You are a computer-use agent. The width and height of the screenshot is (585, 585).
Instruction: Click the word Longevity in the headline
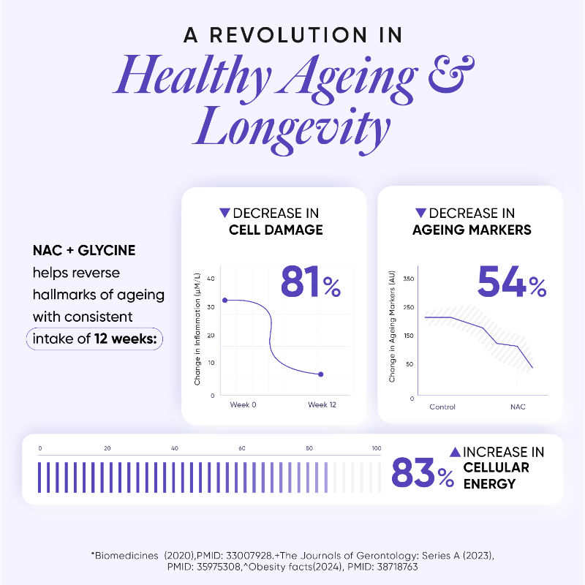[x=292, y=129]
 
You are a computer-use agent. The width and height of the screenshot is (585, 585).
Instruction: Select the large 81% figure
[x=310, y=282]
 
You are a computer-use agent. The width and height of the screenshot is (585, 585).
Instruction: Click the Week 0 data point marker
[x=224, y=300]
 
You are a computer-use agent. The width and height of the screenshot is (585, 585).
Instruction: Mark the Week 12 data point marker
[x=320, y=374]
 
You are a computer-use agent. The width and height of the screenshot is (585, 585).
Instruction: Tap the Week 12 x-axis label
[x=322, y=404]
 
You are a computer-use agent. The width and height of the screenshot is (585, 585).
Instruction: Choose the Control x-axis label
[x=442, y=407]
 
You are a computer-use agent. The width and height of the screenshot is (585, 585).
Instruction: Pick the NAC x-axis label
[x=518, y=407]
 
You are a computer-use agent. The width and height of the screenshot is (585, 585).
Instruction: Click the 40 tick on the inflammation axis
[x=211, y=279]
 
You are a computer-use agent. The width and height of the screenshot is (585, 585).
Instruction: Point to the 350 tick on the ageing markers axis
[x=408, y=279]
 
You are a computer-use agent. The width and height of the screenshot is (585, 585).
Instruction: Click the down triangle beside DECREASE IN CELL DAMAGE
[x=224, y=213]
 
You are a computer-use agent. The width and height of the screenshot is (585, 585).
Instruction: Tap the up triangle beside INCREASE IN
[x=454, y=452]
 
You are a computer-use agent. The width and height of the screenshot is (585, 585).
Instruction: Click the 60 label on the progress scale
[x=241, y=448]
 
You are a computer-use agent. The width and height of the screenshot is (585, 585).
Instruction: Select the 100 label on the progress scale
[x=376, y=448]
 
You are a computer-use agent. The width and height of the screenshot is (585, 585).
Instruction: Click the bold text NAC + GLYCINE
[x=84, y=251]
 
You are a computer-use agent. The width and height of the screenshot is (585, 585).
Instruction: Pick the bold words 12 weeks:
[x=125, y=339]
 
